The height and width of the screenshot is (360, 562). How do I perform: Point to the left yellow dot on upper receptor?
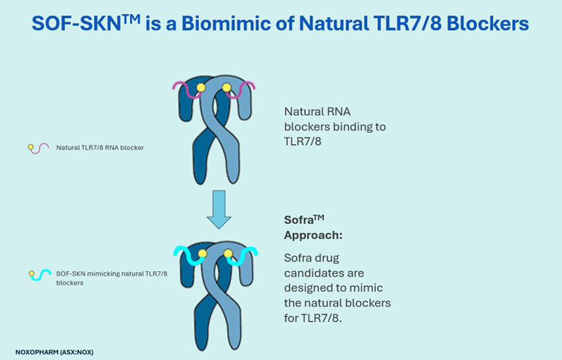(200, 87)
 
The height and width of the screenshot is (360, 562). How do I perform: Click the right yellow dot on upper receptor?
(227, 87)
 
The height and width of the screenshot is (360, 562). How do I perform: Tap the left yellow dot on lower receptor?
(202, 254)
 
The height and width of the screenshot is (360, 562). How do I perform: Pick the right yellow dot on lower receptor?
(229, 254)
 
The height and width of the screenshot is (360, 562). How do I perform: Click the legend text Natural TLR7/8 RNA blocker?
(100, 148)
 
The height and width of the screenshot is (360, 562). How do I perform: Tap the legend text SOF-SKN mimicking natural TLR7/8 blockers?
(111, 275)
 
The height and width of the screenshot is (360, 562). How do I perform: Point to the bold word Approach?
(312, 235)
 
